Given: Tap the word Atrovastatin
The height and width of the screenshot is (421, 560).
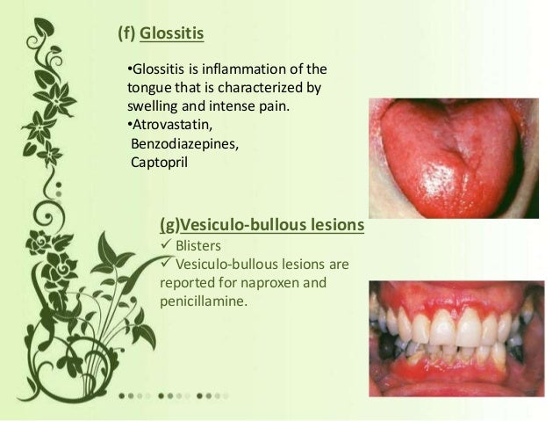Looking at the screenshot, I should click(166, 125).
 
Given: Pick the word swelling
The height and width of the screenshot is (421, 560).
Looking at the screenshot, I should click(144, 106).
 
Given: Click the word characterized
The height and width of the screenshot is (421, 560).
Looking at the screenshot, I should click(245, 88).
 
